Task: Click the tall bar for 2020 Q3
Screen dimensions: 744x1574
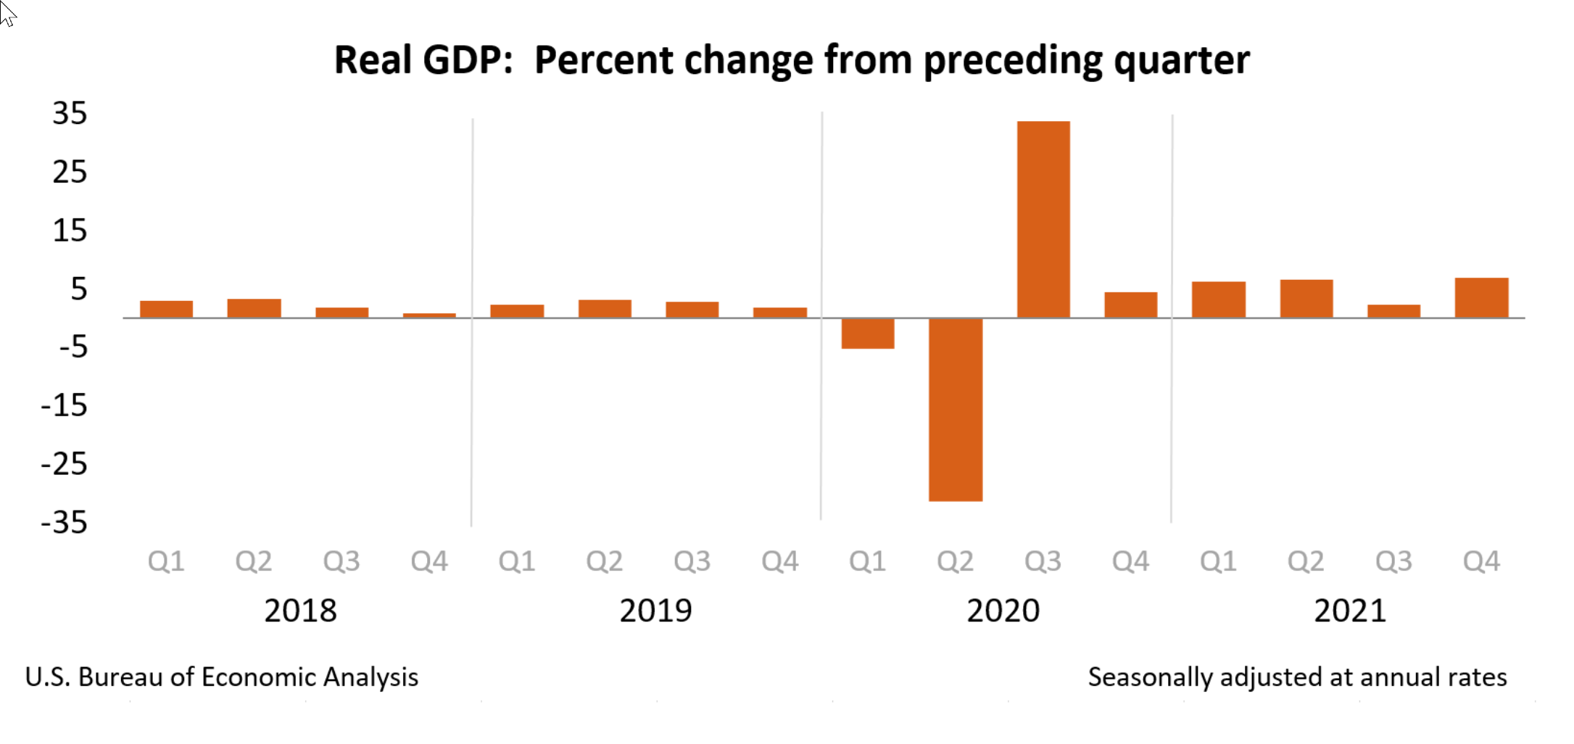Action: tap(1043, 219)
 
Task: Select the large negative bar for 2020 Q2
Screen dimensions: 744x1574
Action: tap(955, 410)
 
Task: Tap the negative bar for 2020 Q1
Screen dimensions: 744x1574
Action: tap(867, 334)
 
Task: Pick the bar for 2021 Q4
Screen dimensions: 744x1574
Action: tap(1481, 298)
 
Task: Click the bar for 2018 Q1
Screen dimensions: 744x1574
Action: tap(166, 309)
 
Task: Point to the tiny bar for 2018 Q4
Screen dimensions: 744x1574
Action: tap(429, 315)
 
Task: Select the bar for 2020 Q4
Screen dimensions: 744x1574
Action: tap(1130, 305)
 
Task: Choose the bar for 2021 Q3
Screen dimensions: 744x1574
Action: tap(1393, 311)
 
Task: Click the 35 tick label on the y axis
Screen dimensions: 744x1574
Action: tap(70, 114)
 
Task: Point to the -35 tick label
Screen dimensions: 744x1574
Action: tap(65, 522)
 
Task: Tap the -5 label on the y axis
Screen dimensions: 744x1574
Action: tap(73, 347)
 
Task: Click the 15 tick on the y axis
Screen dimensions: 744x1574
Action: tap(70, 231)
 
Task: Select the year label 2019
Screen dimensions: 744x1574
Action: tap(655, 611)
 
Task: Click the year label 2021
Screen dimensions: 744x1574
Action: tap(1349, 611)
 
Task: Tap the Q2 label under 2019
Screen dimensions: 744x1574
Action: tap(604, 561)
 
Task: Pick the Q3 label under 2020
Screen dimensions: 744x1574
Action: tap(1043, 561)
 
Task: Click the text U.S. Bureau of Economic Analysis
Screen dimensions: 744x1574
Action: tap(221, 677)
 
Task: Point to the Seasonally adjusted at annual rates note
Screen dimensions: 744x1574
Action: tap(1296, 677)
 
